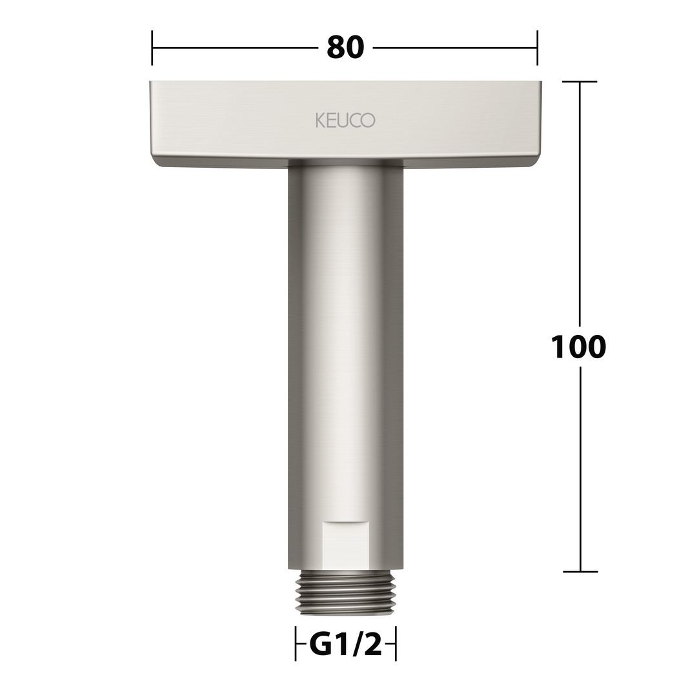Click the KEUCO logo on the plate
point(345,120)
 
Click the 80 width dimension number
point(345,48)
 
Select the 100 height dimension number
point(578,347)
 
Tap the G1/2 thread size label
point(345,645)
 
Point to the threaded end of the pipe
point(346,592)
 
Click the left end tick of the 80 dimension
point(152,48)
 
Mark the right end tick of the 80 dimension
point(537,48)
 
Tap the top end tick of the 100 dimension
point(580,81)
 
